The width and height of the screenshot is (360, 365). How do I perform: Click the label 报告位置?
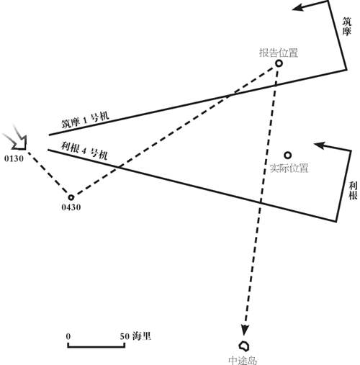(x=279, y=53)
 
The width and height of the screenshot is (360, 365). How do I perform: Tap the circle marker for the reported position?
(x=279, y=63)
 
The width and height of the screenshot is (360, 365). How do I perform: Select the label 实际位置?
(x=289, y=168)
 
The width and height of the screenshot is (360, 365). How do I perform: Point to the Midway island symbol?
(x=244, y=346)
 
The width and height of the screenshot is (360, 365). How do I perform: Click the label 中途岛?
(x=243, y=361)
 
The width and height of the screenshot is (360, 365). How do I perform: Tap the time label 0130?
(x=14, y=158)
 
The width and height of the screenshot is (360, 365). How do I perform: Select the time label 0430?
(x=71, y=207)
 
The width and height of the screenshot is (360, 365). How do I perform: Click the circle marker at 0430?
(x=71, y=197)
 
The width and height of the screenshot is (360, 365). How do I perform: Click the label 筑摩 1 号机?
(x=86, y=120)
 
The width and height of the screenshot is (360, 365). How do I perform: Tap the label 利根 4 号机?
(x=84, y=150)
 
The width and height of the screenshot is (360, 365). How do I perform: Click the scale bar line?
(x=96, y=346)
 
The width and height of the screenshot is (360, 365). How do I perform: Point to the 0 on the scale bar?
(x=68, y=336)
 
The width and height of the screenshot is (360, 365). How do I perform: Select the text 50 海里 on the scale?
(x=135, y=336)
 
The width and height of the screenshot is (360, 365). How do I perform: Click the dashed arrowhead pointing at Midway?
(x=245, y=330)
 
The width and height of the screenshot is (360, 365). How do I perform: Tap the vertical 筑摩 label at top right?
(x=346, y=27)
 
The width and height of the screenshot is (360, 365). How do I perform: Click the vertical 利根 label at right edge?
(x=353, y=191)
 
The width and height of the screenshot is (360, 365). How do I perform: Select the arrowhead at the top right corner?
(x=297, y=7)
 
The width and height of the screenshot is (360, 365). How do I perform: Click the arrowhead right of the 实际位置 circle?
(x=319, y=145)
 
